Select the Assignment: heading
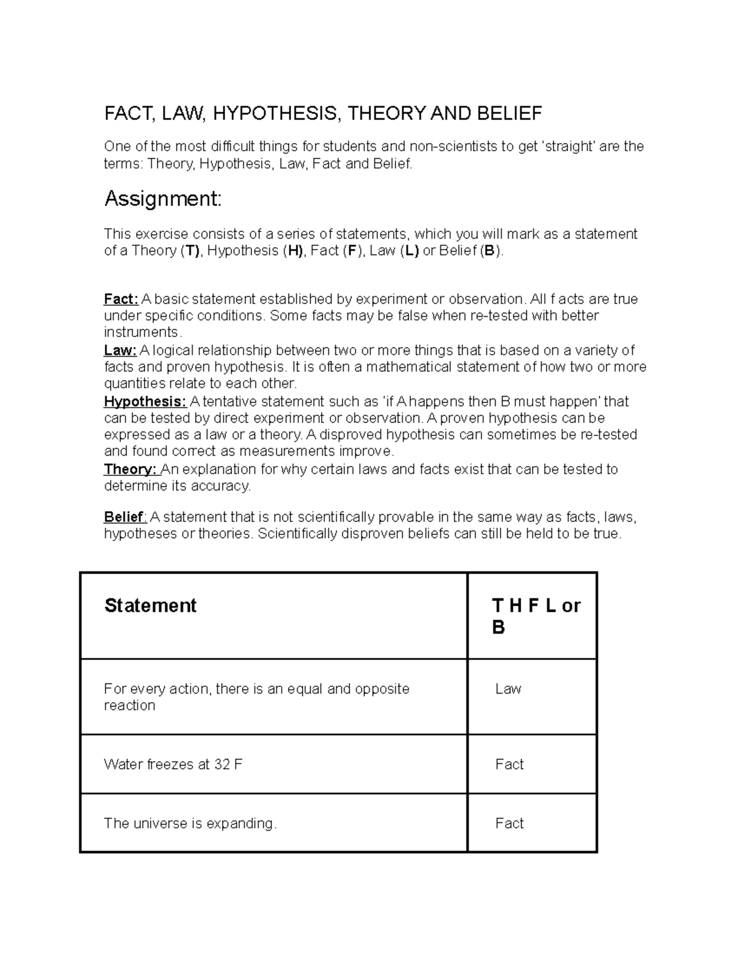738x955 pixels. click(162, 199)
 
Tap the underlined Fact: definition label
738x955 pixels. click(121, 299)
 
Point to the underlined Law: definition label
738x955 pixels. click(120, 351)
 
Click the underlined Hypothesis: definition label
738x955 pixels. click(145, 402)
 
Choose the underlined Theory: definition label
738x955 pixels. click(132, 469)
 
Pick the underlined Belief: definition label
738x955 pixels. click(125, 517)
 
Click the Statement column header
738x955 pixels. click(150, 606)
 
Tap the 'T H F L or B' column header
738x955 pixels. click(536, 616)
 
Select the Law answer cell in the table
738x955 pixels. click(508, 689)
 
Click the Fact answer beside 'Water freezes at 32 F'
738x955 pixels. click(509, 764)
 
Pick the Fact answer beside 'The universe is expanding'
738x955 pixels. click(509, 823)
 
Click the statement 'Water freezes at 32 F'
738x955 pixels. click(173, 764)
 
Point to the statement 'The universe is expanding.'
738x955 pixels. click(190, 823)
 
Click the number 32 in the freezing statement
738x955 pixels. click(221, 764)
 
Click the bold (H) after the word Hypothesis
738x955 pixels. click(293, 251)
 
